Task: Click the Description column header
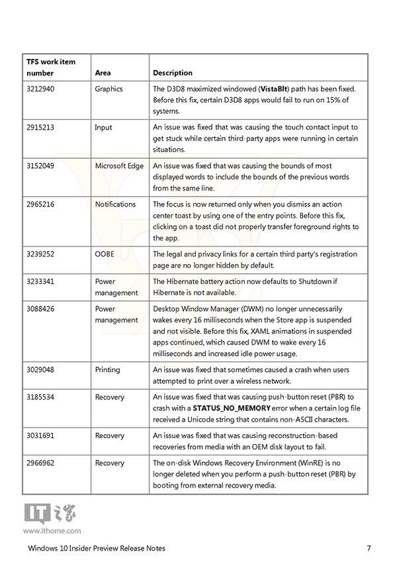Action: coord(172,73)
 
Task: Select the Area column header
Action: coord(103,73)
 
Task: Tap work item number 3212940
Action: coord(41,89)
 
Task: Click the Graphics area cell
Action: coord(109,89)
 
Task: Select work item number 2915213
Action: coord(41,127)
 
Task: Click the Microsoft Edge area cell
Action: coord(119,165)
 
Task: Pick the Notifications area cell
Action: coord(115,204)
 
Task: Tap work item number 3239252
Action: coord(41,253)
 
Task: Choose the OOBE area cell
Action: coord(105,253)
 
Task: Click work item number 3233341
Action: coord(41,281)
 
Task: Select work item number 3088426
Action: coord(41,308)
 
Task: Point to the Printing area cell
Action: coord(107,369)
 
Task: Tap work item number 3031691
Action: coord(41,435)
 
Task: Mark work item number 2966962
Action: coord(41,463)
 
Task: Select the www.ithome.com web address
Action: coord(52,530)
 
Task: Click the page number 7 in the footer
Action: coord(368,548)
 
